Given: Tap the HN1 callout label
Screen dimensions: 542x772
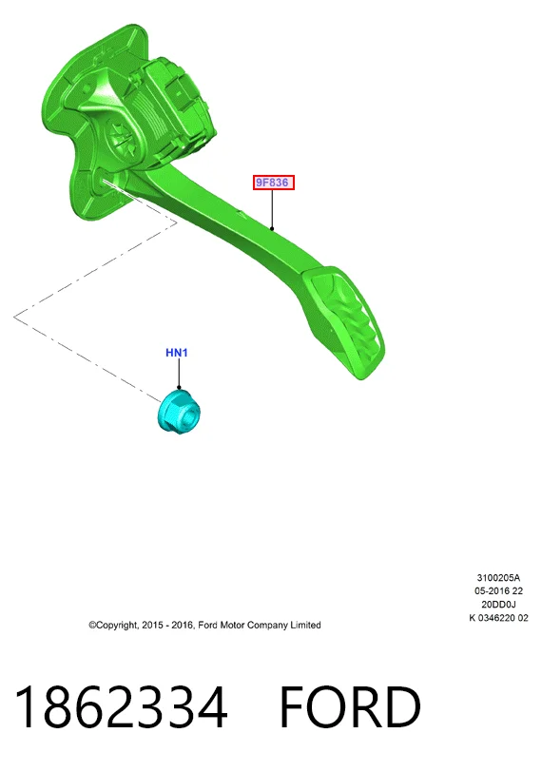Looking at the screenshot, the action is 177,353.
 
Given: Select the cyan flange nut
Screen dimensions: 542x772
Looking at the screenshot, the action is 179,411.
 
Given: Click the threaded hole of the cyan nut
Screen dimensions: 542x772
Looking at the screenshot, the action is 189,419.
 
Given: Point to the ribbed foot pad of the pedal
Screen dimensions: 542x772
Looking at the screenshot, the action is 343,322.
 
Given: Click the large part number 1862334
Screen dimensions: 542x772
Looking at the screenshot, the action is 121,706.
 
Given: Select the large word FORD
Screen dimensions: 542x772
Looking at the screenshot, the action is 350,707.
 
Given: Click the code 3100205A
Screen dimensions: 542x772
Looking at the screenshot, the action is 498,577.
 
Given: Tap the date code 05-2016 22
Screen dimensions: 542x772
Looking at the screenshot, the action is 498,590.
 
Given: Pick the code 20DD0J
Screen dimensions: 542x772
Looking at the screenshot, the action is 498,604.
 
